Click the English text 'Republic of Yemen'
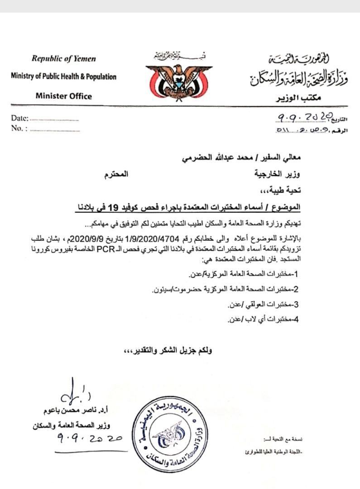63,59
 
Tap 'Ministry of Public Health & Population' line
63,77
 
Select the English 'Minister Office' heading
63,96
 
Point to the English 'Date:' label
19,119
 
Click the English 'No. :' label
19,128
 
